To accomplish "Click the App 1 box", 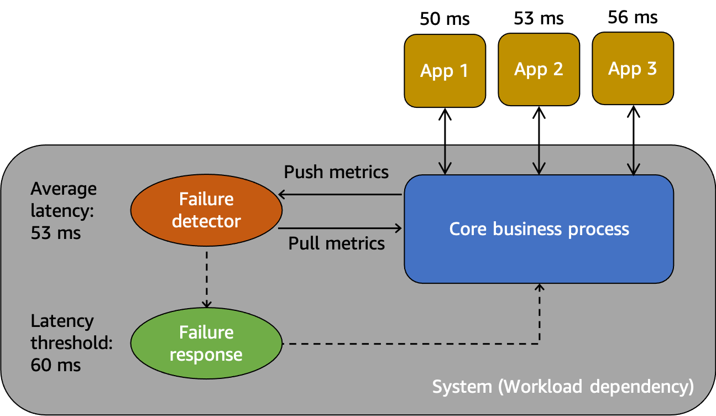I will point(445,70).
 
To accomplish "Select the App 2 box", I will point(539,69).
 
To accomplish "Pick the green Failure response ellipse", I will point(206,343).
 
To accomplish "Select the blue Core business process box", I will point(539,229).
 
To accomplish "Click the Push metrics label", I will point(336,172).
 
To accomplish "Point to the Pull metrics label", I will point(336,243).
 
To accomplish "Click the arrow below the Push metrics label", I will point(340,194).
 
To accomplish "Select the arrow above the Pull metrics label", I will point(340,227).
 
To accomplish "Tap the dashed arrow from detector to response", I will point(206,279).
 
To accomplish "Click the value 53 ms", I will point(56,233).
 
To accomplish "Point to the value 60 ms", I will point(56,365).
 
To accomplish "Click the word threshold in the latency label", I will point(71,343).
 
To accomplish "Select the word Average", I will point(64,189).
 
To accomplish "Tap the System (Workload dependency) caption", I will point(562,386).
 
